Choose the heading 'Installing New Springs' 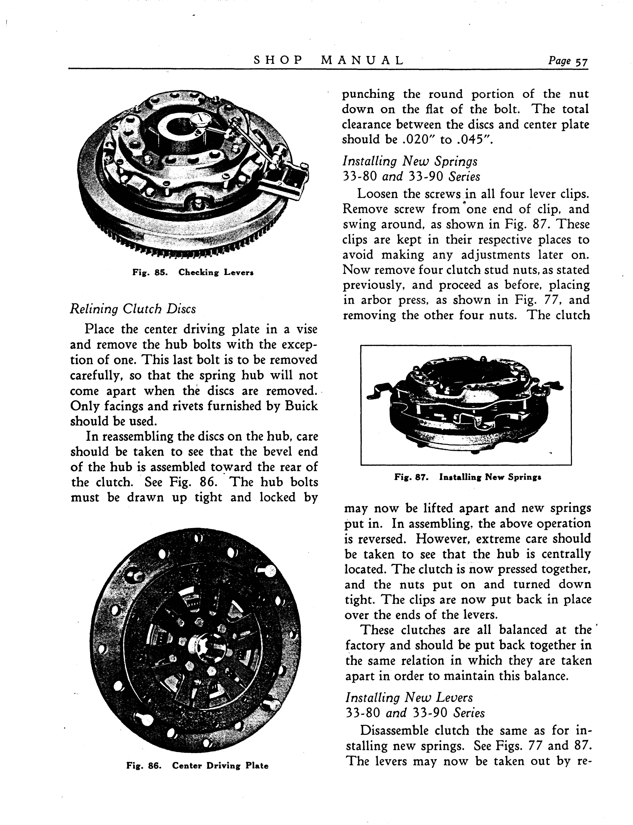[x=410, y=161]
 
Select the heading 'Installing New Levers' [x=409, y=698]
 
